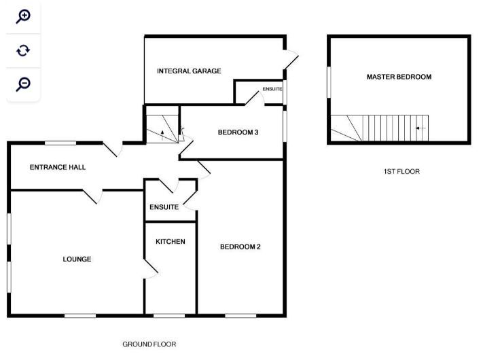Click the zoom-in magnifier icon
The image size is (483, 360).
click(23, 16)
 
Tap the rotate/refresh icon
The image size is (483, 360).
click(23, 50)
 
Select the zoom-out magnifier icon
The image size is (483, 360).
click(23, 84)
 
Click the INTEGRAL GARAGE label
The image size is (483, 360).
click(189, 71)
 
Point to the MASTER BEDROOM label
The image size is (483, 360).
click(399, 77)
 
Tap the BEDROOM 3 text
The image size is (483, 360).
click(238, 132)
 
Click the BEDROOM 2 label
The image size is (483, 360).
click(240, 247)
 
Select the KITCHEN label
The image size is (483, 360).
click(171, 242)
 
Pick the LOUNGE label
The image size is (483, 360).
click(77, 259)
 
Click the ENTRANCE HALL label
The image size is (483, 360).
click(58, 167)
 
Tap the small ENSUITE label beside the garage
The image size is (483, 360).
click(272, 89)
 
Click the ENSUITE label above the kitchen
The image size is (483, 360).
click(164, 207)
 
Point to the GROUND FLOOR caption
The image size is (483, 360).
click(149, 344)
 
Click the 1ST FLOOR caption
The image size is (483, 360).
click(401, 172)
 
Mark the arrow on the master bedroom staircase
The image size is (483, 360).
click(421, 128)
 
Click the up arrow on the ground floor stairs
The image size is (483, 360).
click(162, 135)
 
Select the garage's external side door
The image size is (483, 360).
click(291, 60)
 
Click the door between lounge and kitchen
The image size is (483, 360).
click(151, 270)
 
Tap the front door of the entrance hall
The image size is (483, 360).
click(113, 149)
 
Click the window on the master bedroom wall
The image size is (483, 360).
click(329, 82)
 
